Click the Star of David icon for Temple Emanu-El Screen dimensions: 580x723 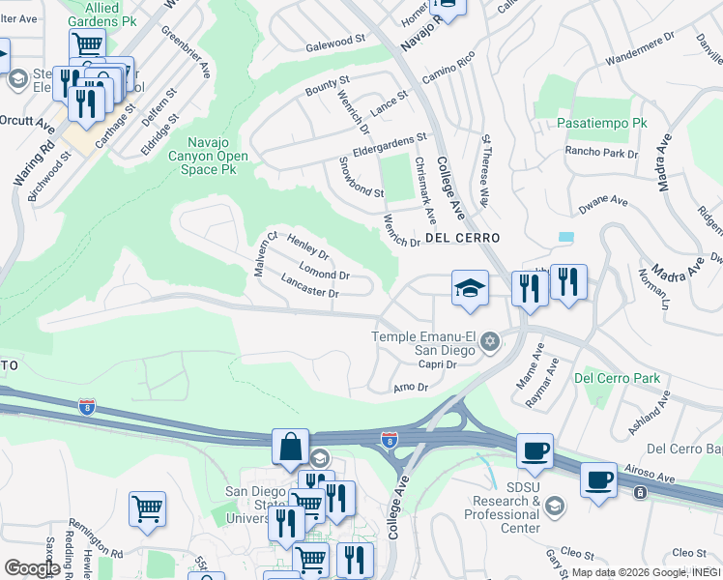[x=490, y=340]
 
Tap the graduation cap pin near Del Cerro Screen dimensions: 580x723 [x=470, y=288]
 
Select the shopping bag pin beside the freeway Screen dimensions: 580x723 [x=290, y=448]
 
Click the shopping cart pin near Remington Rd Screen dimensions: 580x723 [x=147, y=508]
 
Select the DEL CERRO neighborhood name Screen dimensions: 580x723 [x=461, y=238]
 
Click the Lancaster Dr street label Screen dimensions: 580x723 [x=309, y=286]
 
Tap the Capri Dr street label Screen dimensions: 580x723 [x=437, y=364]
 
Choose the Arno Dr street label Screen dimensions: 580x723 [x=411, y=388]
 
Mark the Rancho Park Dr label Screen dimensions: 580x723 [x=596, y=151]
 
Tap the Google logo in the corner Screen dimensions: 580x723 [x=32, y=568]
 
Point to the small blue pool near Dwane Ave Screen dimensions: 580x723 [x=565, y=236]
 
